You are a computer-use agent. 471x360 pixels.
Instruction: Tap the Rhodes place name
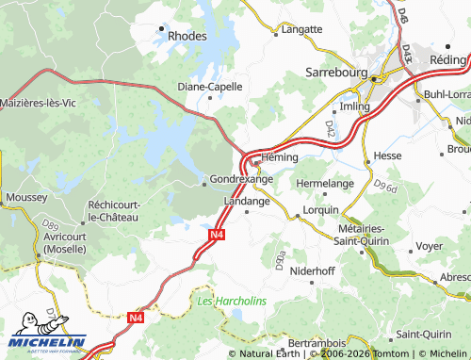point(187,36)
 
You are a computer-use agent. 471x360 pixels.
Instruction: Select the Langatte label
point(301,30)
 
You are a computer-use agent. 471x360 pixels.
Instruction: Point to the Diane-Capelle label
point(210,86)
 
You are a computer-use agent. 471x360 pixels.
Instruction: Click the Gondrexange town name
point(241,178)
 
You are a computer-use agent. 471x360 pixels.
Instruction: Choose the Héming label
point(281,156)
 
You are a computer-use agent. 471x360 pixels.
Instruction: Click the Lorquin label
point(320,210)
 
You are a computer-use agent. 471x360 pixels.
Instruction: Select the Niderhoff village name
point(313,270)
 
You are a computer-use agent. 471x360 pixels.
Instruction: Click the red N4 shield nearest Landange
point(217,235)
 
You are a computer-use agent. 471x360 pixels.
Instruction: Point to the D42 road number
point(331,125)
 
